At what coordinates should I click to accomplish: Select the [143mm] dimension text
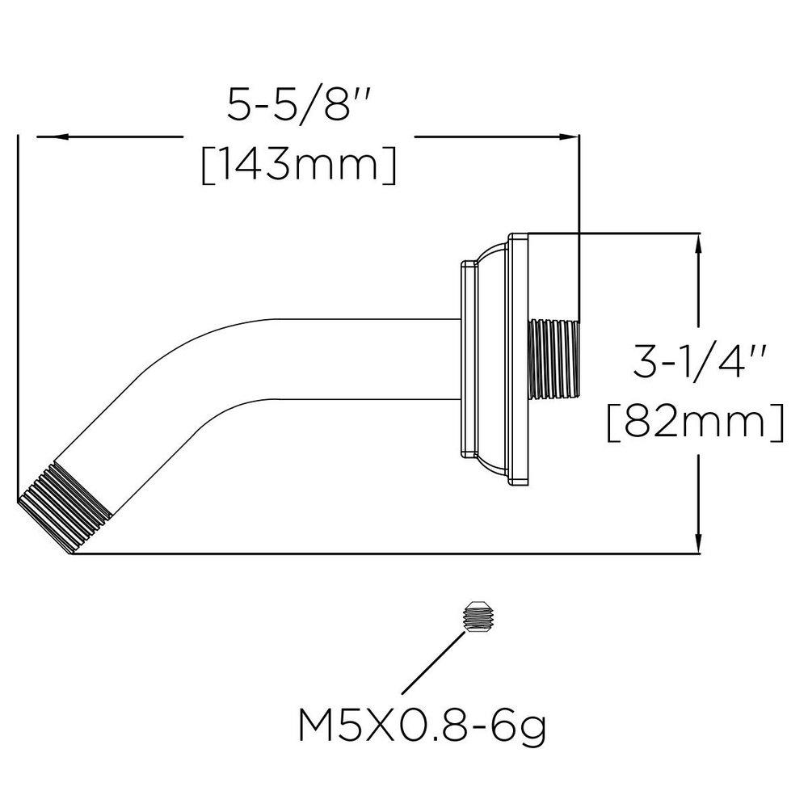click(299, 166)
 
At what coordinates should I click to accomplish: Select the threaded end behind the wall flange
click(555, 359)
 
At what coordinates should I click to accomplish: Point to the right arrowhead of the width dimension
click(570, 137)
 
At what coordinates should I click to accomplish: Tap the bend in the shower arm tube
click(202, 364)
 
